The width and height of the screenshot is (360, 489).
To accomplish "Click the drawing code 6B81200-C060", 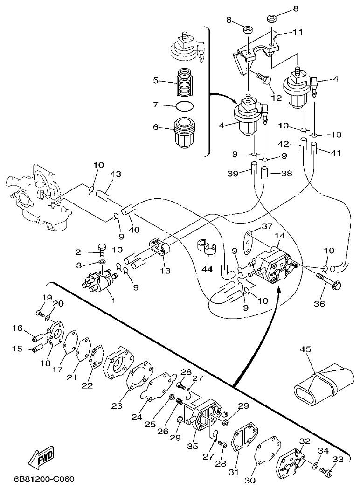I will [x=44, y=479].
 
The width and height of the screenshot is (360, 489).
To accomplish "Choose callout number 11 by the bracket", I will [x=298, y=32].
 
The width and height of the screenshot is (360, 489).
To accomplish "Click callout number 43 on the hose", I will [x=116, y=174].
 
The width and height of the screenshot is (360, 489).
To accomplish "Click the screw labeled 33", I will [x=326, y=472].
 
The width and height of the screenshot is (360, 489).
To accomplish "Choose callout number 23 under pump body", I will [x=116, y=406].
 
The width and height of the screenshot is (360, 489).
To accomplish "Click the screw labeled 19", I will [x=41, y=314].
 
